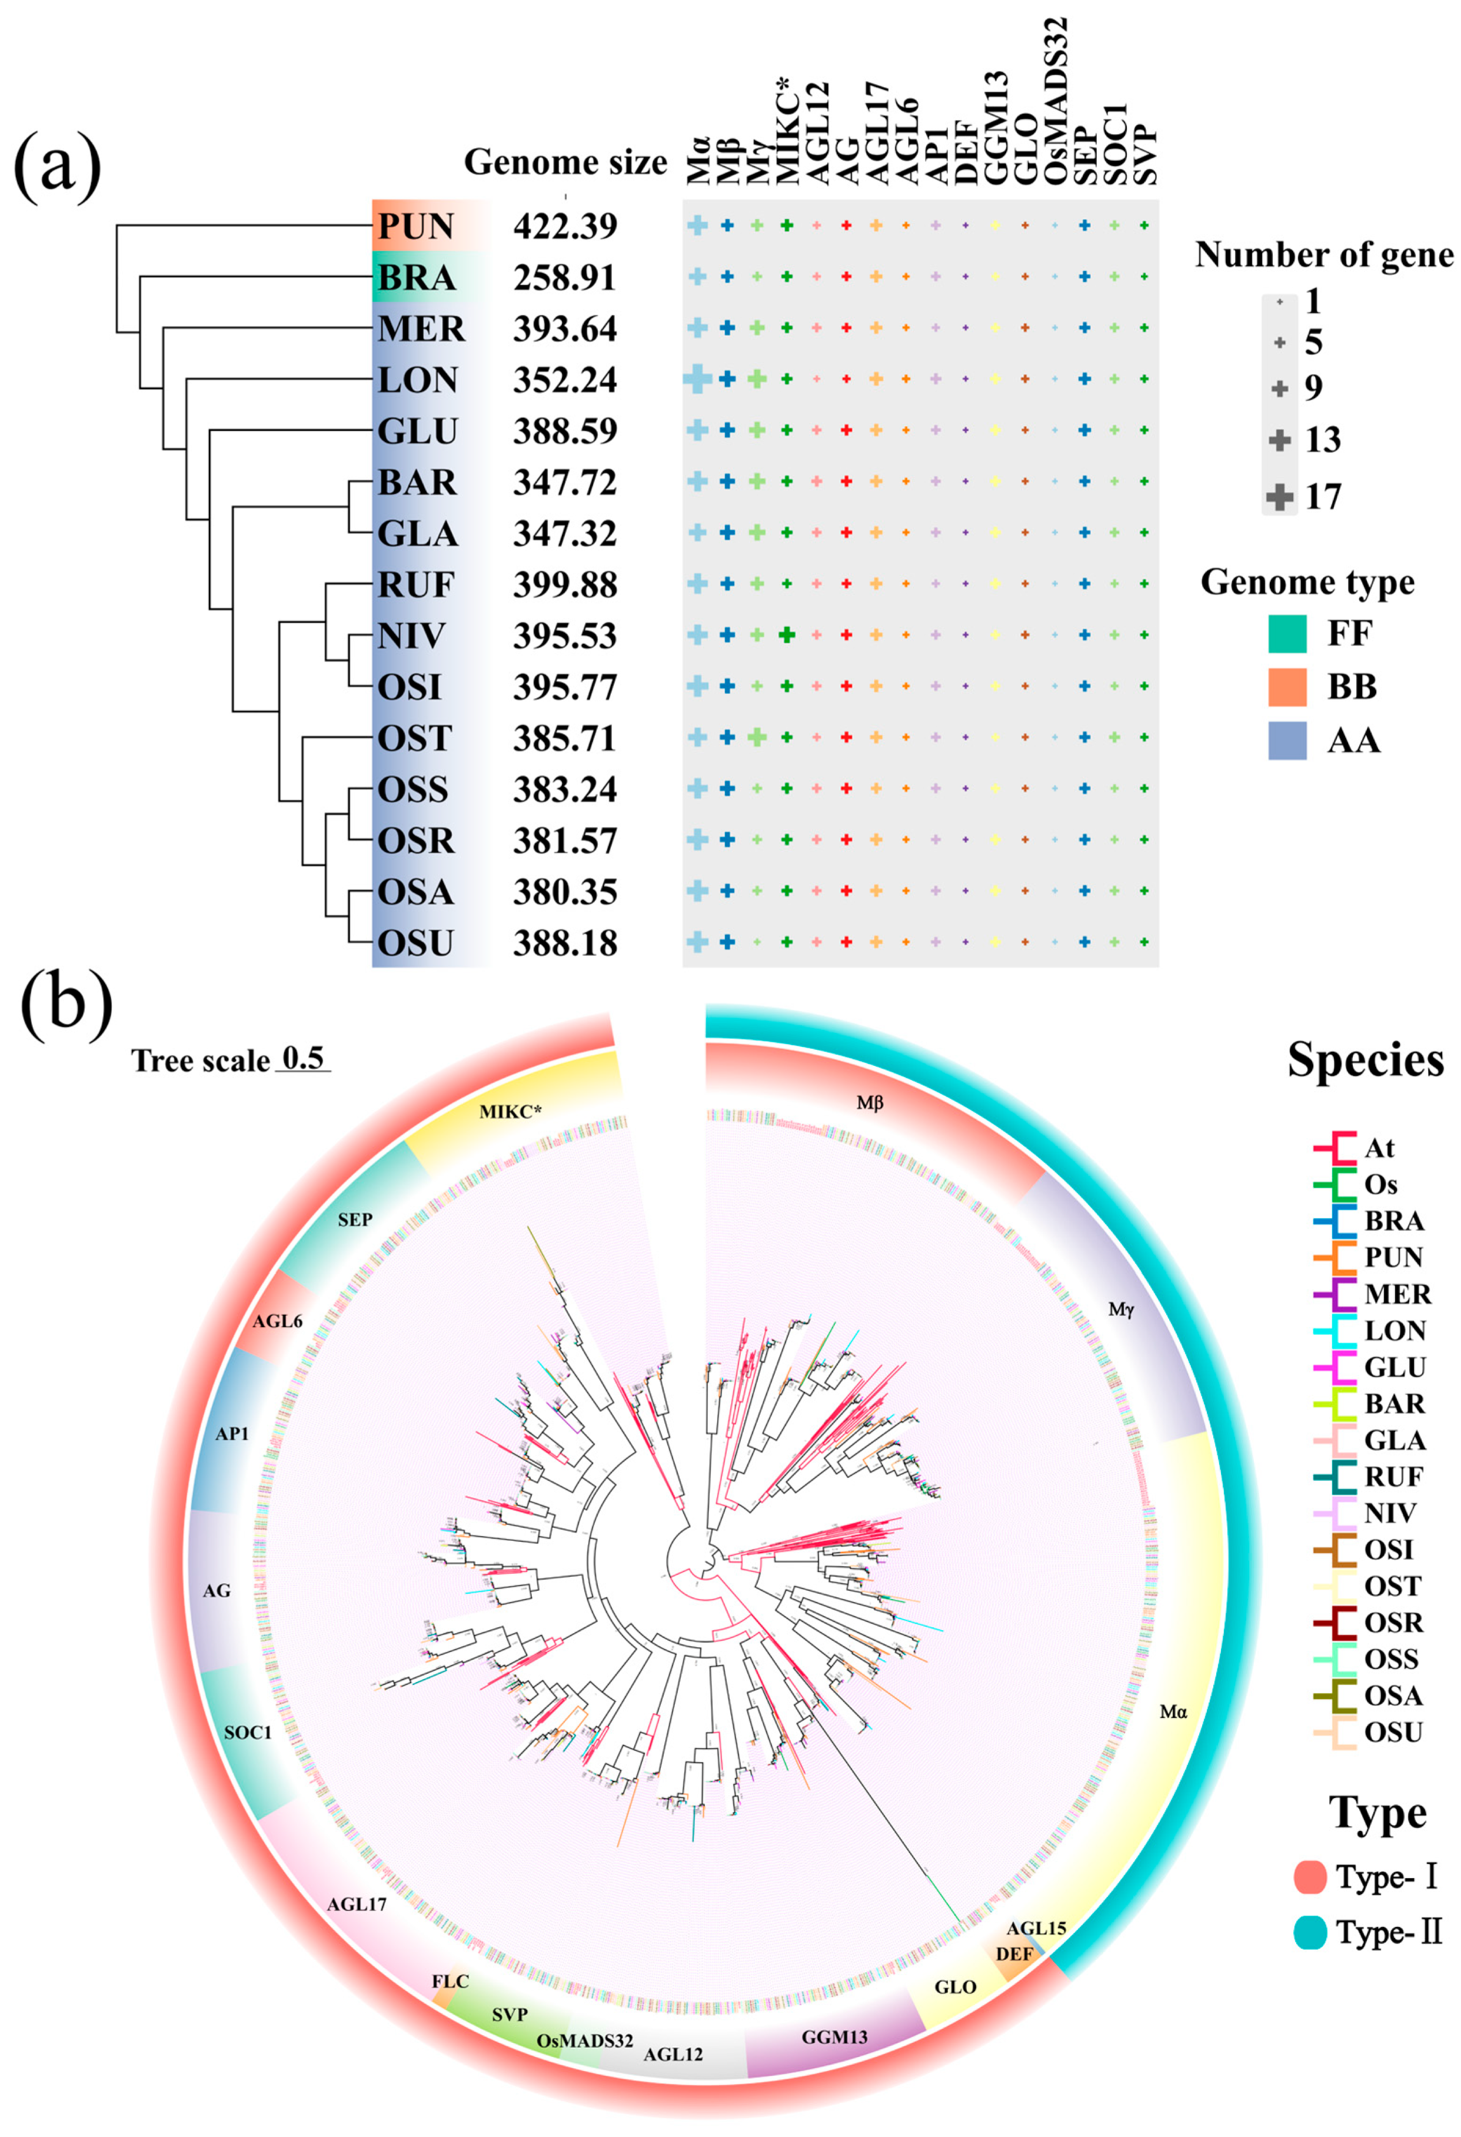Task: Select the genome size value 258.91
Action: pos(564,278)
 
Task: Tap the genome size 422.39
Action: pos(564,226)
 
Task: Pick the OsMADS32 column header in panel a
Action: pos(1056,101)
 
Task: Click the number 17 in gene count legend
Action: pos(1323,497)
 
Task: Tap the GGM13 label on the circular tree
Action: pos(834,2037)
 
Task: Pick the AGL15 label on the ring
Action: pos(1036,1928)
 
